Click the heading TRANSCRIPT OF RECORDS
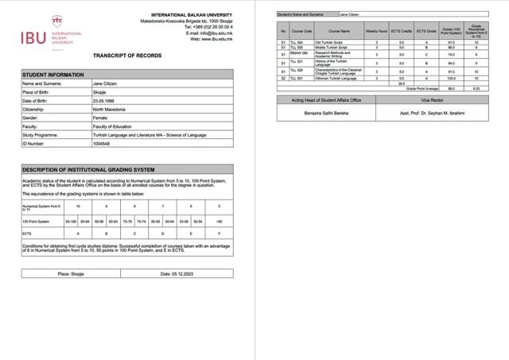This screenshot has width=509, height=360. tap(127, 56)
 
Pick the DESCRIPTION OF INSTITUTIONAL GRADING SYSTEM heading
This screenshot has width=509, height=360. tap(88, 170)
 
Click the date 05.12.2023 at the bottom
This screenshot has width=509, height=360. tap(177, 273)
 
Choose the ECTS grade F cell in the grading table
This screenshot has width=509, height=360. tap(220, 234)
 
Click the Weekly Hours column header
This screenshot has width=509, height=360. tap(377, 31)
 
